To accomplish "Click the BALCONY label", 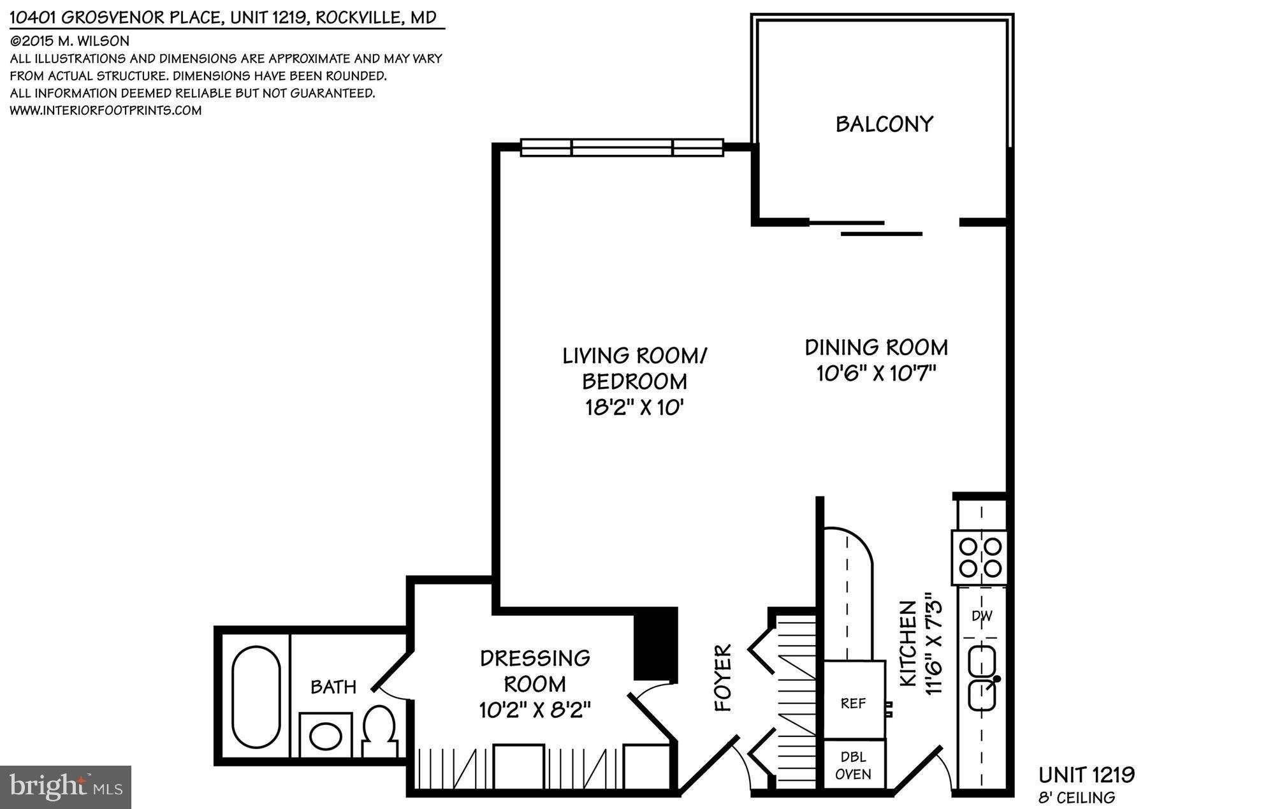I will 884,124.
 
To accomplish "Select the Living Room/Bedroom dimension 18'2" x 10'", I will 634,408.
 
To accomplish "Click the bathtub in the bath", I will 256,697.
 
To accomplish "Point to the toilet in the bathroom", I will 380,732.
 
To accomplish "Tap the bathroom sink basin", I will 326,736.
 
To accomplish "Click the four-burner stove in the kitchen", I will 980,557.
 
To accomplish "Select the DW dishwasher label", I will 982,616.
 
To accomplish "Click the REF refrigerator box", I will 854,703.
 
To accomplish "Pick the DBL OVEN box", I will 853,766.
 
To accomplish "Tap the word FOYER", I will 723,678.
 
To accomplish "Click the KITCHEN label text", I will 908,644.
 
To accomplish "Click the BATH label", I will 333,687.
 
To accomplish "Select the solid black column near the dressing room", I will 655,644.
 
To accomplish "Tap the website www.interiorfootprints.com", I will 106,110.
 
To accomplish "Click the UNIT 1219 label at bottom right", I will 1086,775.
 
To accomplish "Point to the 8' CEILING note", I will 1077,798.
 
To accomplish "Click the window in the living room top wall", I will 622,147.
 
